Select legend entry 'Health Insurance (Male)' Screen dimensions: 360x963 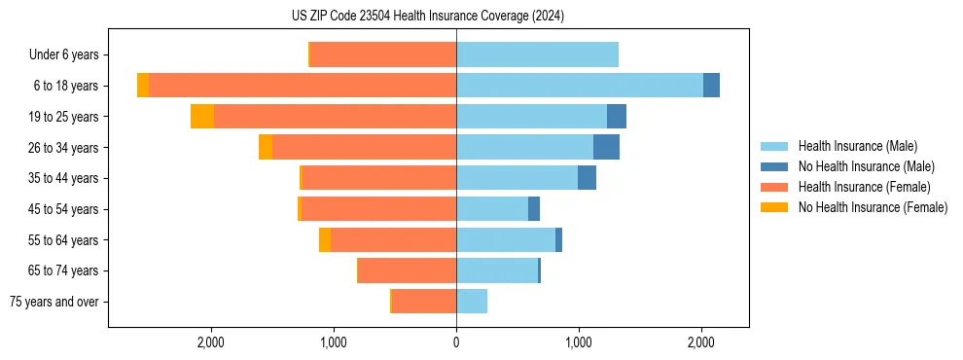click(856, 146)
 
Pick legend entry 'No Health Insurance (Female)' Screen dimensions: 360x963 click(873, 207)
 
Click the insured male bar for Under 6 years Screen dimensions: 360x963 click(537, 54)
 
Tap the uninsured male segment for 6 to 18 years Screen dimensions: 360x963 click(711, 86)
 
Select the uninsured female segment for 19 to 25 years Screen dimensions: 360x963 click(202, 117)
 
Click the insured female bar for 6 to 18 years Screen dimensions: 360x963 click(303, 86)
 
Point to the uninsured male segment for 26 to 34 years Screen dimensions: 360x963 click(606, 147)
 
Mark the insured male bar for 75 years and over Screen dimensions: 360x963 click(472, 302)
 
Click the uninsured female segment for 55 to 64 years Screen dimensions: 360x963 click(325, 240)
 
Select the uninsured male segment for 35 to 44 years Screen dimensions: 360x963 click(587, 178)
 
